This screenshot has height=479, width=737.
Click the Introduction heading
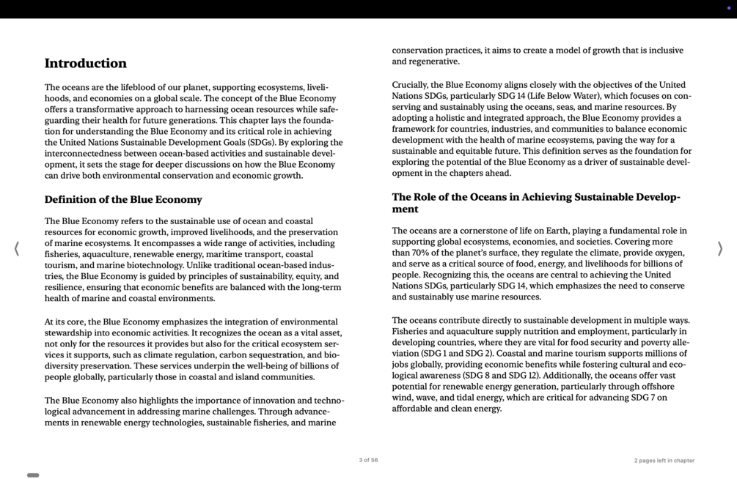point(86,64)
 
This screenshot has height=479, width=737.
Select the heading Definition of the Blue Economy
point(123,200)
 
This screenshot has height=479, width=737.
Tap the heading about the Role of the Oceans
point(536,203)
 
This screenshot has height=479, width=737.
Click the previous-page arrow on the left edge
point(16,249)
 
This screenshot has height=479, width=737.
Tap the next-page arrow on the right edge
point(720,249)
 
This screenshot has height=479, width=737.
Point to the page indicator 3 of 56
point(368,461)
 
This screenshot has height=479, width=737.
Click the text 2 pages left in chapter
point(664,461)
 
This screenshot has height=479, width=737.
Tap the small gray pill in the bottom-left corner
point(33,475)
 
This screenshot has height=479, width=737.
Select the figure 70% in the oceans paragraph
point(426,253)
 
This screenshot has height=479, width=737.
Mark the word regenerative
point(433,62)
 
